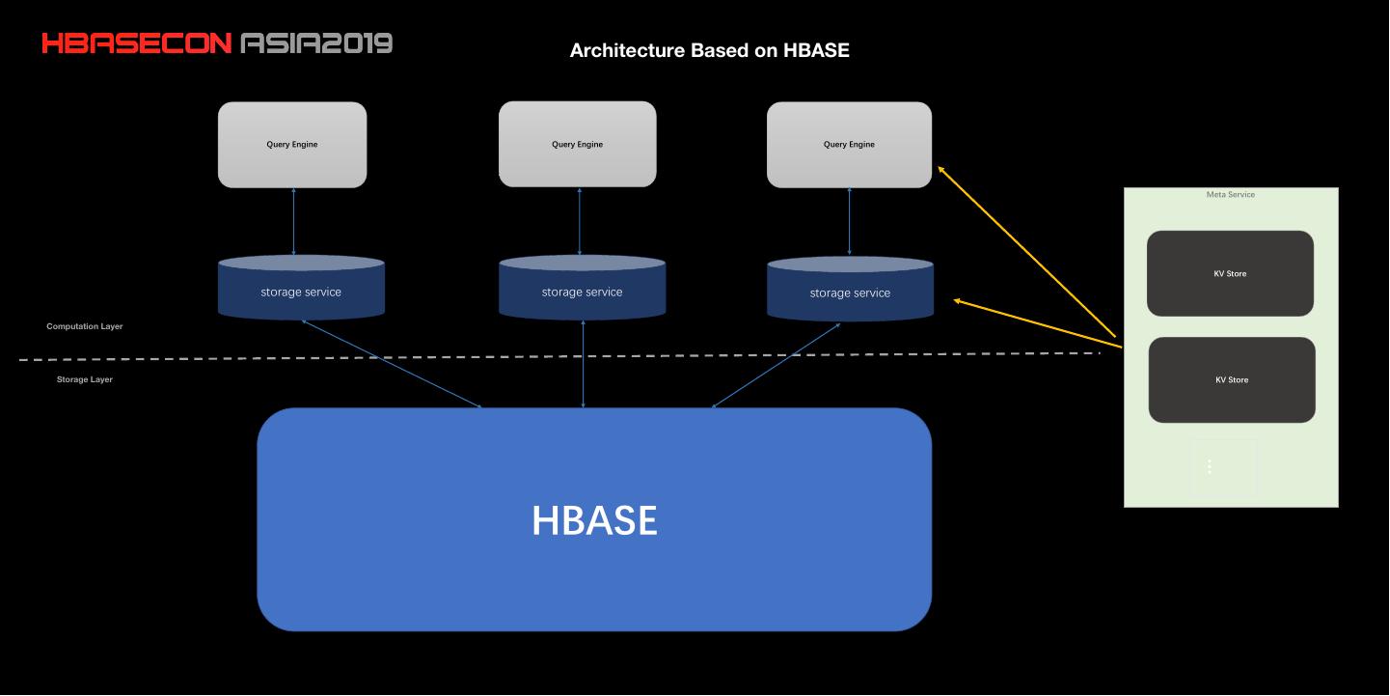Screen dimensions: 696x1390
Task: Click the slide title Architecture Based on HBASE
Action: pos(709,50)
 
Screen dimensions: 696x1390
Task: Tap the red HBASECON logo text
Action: pos(136,43)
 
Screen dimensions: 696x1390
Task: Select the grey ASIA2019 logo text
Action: pos(315,43)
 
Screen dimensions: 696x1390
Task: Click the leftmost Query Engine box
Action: pos(292,145)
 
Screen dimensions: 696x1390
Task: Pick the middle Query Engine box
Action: pos(577,145)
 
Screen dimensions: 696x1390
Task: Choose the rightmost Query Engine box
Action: pos(849,145)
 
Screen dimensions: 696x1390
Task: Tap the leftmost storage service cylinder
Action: pos(301,292)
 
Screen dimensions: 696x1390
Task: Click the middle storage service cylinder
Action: pos(582,292)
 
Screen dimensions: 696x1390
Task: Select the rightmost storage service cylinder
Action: pos(850,292)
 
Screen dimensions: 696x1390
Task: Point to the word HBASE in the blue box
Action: pos(594,521)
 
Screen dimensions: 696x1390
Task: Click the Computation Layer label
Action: pos(85,326)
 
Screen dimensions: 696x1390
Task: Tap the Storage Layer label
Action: pos(85,379)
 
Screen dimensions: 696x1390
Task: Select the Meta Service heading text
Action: pos(1230,195)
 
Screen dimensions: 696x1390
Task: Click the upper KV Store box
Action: pos(1230,273)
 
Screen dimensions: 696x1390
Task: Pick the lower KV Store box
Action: pos(1231,379)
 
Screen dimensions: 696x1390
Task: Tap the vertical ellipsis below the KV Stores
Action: pos(1210,467)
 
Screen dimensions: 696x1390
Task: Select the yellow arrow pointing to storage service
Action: pos(1037,322)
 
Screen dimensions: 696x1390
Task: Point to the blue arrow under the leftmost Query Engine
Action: pos(293,222)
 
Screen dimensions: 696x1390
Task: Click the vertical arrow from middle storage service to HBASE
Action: pos(583,364)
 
